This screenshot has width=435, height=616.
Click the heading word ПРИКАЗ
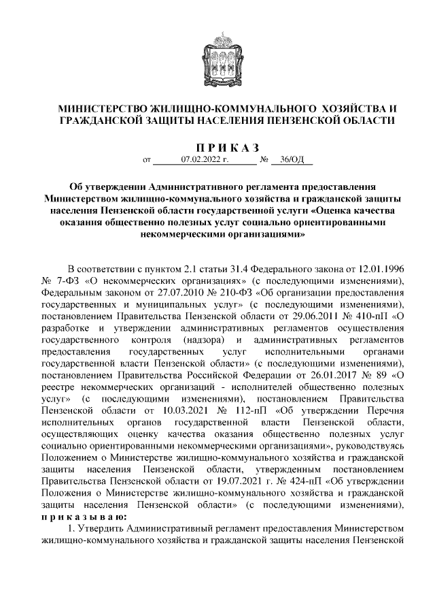tap(227, 148)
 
